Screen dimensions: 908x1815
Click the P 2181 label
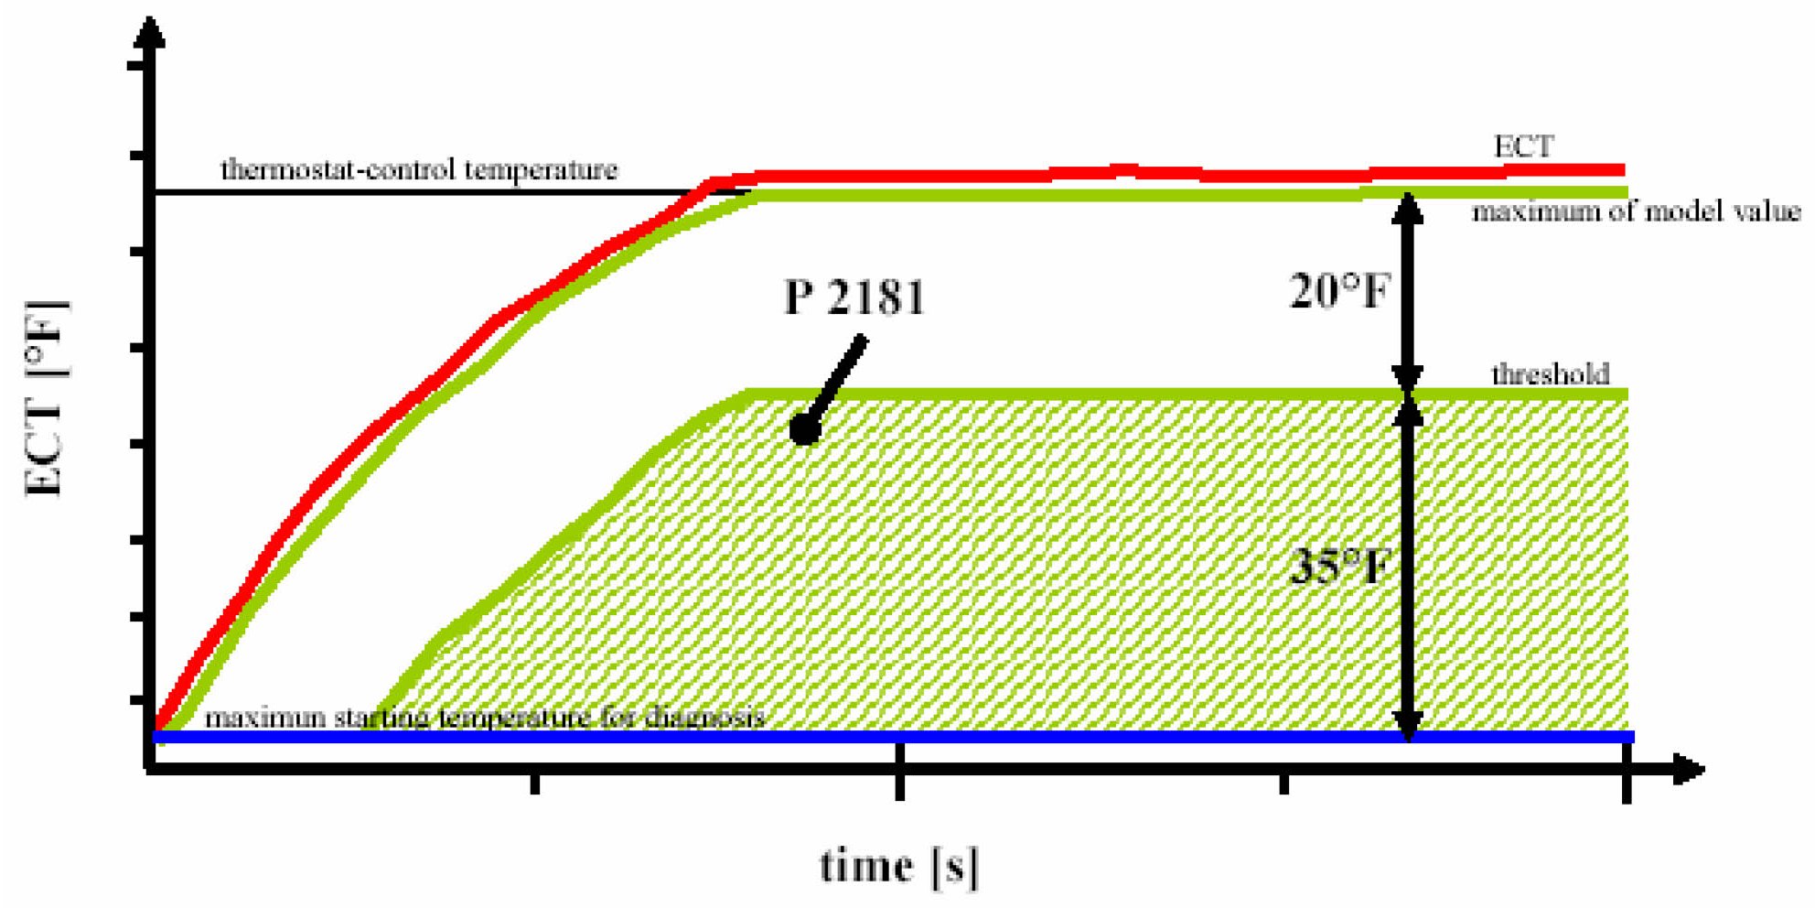[x=854, y=297]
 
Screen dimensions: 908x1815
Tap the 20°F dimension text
[x=1338, y=292]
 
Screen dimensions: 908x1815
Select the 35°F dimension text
[x=1338, y=567]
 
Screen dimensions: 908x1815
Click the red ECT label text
[x=1523, y=146]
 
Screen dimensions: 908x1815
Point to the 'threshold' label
[x=1550, y=374]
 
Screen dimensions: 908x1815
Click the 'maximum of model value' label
[x=1636, y=212]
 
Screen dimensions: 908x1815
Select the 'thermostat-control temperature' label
[x=419, y=170]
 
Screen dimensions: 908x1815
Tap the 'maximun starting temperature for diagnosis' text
[x=484, y=717]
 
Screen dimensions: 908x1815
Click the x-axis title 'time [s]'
[x=898, y=865]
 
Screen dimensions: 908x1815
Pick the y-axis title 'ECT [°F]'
[x=46, y=398]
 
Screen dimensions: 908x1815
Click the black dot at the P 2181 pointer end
[x=804, y=428]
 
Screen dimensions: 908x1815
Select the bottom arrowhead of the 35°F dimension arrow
[x=1408, y=725]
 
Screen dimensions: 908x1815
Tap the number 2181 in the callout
[x=877, y=297]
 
